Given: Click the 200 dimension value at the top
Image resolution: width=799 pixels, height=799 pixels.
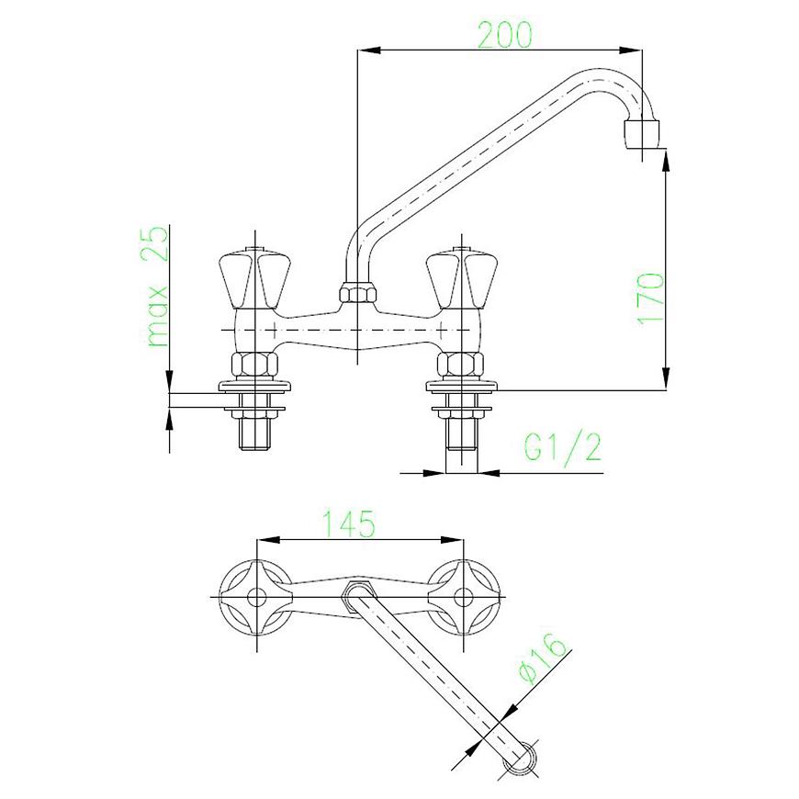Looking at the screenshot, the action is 504,35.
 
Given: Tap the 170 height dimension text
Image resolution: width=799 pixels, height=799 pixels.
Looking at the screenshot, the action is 651,298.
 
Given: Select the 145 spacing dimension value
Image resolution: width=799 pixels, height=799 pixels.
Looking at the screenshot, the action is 350,523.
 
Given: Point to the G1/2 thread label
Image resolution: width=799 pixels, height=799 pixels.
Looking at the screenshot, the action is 563,447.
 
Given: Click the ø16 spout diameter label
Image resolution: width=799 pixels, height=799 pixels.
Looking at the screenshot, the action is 542,658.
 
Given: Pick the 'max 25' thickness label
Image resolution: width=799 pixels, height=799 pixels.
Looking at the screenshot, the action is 157,287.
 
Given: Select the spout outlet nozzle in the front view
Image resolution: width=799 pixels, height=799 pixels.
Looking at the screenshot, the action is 641,134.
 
